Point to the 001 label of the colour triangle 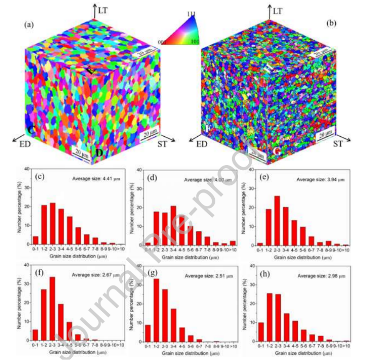pos(163,42)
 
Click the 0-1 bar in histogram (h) pos(261,331)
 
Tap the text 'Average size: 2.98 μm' pos(319,276)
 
